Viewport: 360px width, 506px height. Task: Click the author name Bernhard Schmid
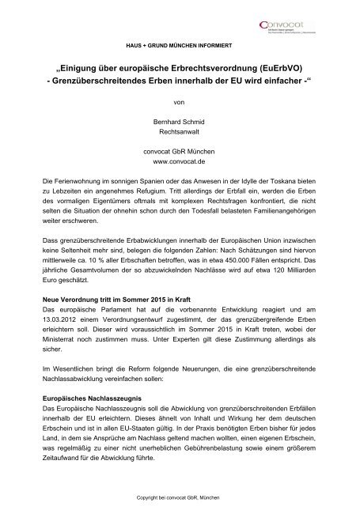tap(180, 123)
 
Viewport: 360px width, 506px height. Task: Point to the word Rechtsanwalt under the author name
tap(180, 134)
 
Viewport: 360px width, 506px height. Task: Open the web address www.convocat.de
tap(180, 168)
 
